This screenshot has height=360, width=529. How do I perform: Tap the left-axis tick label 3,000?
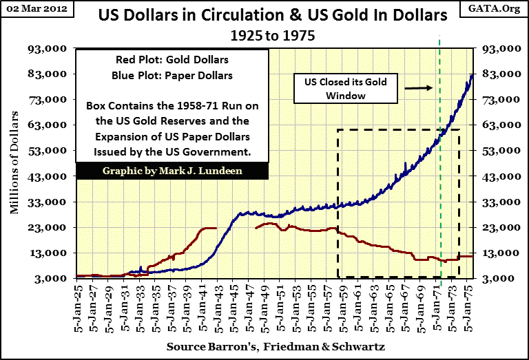[50, 278]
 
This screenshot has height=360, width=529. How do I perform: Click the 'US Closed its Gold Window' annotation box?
[346, 89]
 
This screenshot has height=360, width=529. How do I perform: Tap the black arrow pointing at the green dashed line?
[418, 87]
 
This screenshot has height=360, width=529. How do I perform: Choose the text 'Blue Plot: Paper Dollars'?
[172, 76]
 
